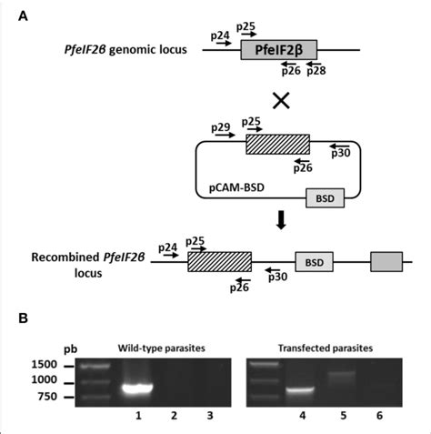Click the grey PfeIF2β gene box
(x=272, y=51)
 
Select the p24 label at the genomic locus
(x=218, y=35)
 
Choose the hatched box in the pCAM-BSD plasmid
(x=277, y=145)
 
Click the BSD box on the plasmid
(x=324, y=198)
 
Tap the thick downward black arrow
(x=281, y=224)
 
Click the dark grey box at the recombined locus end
(x=383, y=261)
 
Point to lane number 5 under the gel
(x=342, y=416)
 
